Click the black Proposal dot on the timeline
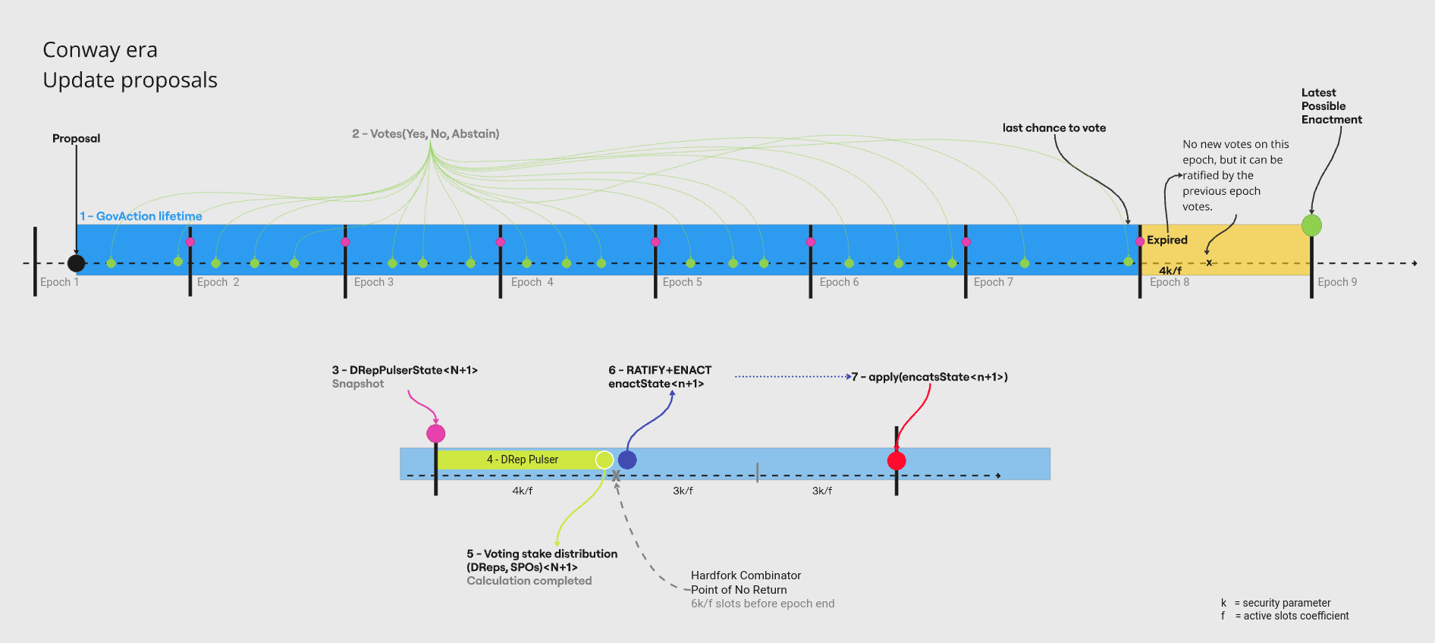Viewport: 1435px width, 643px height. tap(76, 263)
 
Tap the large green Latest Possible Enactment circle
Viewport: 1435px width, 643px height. tap(1311, 225)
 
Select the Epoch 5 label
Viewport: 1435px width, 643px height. tap(682, 282)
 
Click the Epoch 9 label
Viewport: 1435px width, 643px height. tap(1337, 282)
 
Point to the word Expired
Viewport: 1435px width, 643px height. tap(1167, 240)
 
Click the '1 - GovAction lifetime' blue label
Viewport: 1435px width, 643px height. tap(141, 216)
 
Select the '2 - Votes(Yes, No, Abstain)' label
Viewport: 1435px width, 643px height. tap(425, 133)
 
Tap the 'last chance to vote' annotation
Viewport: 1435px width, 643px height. tap(1054, 128)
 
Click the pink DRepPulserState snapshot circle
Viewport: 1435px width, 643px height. tap(436, 434)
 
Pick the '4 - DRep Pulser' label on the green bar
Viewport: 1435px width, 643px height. tap(523, 460)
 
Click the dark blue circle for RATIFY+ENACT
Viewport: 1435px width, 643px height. tap(627, 460)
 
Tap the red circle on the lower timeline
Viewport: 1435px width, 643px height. tap(896, 460)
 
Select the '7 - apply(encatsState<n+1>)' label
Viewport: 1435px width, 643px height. tap(929, 377)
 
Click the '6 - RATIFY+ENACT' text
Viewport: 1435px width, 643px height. tap(660, 370)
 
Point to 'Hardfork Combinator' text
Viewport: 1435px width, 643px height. tap(746, 576)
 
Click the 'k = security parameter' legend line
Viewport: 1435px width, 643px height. tap(1276, 603)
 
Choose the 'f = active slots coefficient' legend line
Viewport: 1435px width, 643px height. tap(1285, 616)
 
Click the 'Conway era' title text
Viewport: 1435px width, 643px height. tap(100, 50)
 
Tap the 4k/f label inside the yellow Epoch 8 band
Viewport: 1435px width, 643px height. tap(1170, 271)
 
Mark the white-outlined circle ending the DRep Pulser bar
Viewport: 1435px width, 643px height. tap(604, 460)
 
